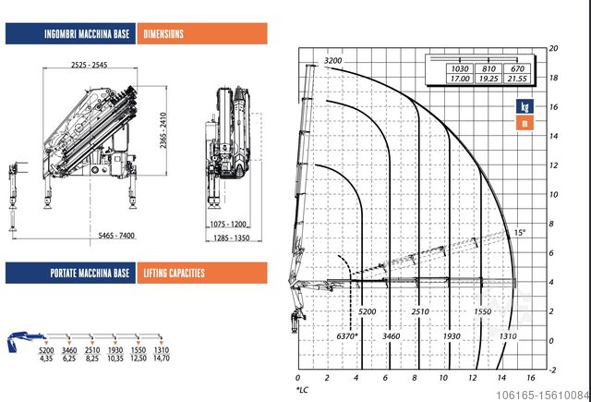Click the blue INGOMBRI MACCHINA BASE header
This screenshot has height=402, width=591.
point(70,33)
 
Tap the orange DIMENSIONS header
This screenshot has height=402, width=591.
point(202,33)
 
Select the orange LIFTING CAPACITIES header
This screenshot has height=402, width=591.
point(202,273)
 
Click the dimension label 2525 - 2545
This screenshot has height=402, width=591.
point(90,65)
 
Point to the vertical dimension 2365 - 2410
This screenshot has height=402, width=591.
point(163,130)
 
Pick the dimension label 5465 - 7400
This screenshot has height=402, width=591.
point(116,236)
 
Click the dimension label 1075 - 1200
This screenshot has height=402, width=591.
point(228,224)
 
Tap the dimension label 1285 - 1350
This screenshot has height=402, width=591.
point(232,238)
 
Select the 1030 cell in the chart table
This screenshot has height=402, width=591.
point(460,68)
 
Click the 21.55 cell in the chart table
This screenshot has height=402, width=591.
point(517,79)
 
